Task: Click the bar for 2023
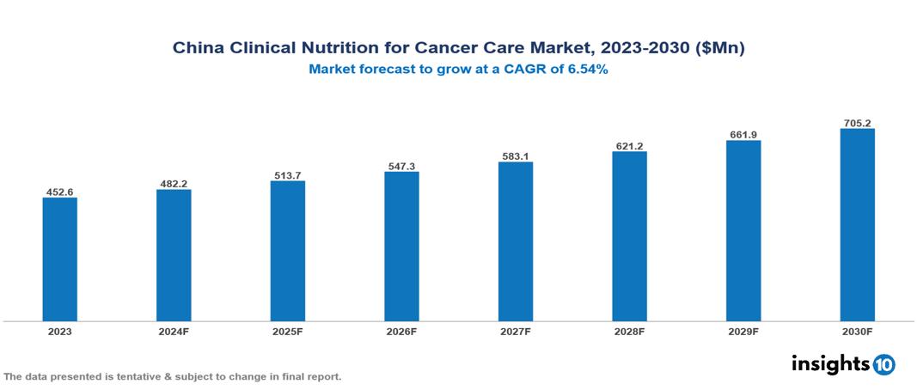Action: [x=59, y=259]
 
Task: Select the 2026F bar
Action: [x=401, y=247]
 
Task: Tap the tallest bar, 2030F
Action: [x=857, y=225]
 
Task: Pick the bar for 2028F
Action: [x=629, y=236]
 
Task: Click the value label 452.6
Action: [x=59, y=192]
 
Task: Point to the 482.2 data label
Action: [x=174, y=184]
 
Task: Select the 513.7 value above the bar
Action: [x=287, y=175]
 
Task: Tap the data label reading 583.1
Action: [x=515, y=156]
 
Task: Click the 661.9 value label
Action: [x=743, y=134]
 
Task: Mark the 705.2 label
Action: [x=857, y=123]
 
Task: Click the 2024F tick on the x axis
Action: [x=174, y=332]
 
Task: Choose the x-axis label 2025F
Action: [x=287, y=332]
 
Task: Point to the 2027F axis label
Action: [x=515, y=332]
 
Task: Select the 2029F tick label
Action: [x=743, y=332]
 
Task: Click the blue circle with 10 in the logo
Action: [x=884, y=364]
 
